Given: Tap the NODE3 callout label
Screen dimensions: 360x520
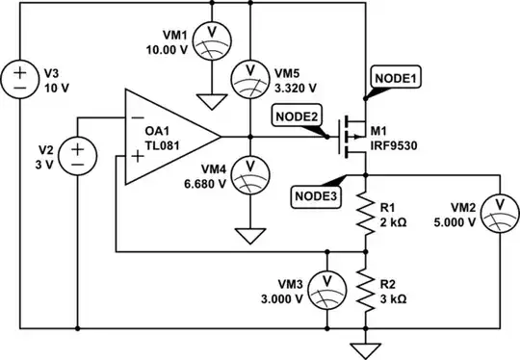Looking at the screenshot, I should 314,196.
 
